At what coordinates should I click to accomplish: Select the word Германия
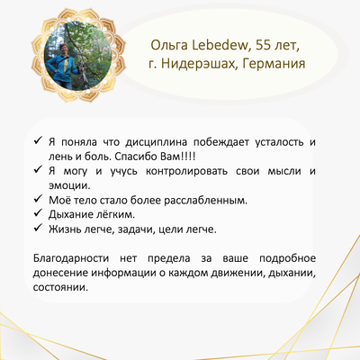[x=274, y=64]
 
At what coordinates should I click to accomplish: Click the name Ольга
[x=169, y=46]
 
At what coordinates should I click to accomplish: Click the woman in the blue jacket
[x=64, y=66]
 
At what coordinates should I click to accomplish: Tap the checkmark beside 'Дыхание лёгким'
[x=38, y=213]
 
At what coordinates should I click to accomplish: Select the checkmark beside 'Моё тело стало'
[x=38, y=199]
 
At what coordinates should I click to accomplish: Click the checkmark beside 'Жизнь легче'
[x=38, y=228]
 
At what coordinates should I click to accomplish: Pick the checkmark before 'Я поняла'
[x=38, y=140]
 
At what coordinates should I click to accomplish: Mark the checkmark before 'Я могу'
[x=38, y=170]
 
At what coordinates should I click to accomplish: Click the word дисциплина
[x=156, y=142]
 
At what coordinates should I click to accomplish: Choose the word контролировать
[x=186, y=172]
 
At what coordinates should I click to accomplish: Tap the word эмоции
[x=69, y=186]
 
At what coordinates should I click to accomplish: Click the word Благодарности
[x=71, y=259]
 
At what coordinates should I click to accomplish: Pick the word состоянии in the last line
[x=60, y=287]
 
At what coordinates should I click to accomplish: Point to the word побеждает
[x=221, y=142]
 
